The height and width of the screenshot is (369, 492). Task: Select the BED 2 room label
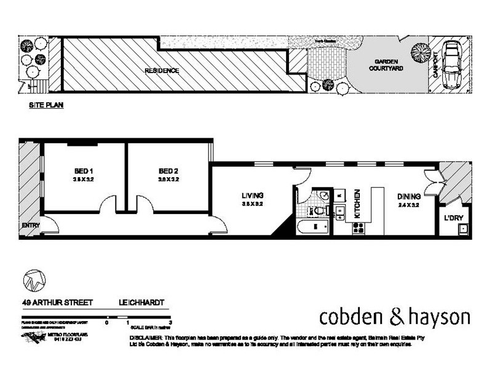point(167,170)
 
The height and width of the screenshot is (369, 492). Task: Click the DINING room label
point(408,197)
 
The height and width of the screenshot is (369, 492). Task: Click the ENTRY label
point(31,226)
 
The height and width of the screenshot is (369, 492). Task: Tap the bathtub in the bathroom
point(314,229)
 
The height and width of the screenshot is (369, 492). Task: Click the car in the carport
point(452,64)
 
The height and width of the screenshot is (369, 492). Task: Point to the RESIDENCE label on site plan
point(162,71)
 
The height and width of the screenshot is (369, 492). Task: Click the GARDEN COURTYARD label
point(385,66)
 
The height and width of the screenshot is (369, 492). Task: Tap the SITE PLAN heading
point(47,105)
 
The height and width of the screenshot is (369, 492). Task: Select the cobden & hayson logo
point(395,317)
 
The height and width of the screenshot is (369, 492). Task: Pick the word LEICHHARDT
point(142,303)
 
